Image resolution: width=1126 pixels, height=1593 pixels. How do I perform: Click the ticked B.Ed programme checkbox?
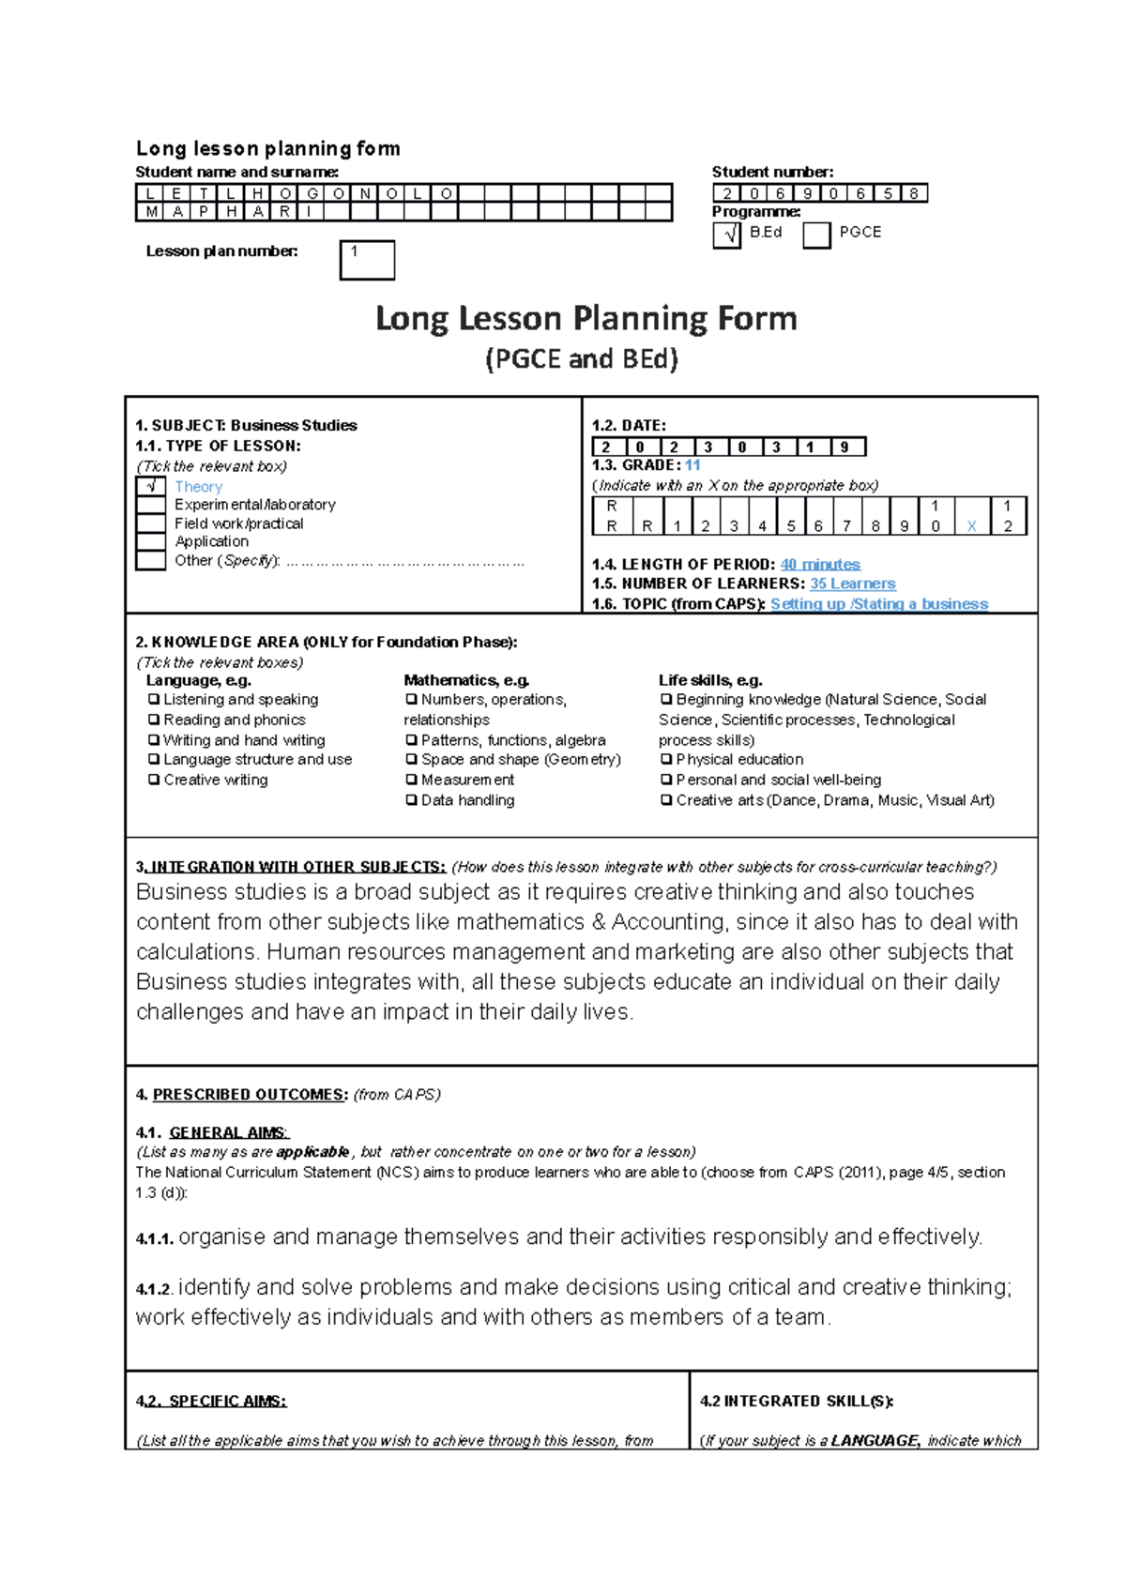point(727,235)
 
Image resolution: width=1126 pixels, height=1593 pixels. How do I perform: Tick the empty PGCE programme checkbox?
point(816,235)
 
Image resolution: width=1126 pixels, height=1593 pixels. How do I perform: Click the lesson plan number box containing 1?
point(367,260)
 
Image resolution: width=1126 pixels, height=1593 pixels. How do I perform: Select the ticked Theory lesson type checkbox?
point(151,486)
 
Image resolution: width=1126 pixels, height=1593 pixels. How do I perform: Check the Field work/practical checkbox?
point(151,523)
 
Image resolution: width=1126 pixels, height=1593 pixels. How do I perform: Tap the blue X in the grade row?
point(971,526)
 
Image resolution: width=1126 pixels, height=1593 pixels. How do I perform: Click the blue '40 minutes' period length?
point(820,564)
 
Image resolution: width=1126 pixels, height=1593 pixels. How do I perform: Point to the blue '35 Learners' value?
point(852,584)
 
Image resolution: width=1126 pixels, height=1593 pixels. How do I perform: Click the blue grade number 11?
point(692,465)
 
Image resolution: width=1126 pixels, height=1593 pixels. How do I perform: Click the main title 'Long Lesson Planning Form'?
point(586,319)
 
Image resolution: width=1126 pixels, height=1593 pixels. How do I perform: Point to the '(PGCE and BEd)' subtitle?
point(582,359)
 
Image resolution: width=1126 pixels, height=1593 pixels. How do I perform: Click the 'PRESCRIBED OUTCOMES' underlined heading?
point(250,1095)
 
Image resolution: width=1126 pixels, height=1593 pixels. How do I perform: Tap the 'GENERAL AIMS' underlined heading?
point(228,1132)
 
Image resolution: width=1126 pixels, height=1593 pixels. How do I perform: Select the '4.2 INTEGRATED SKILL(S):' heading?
point(797,1401)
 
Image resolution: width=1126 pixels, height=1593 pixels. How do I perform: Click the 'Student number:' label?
point(772,172)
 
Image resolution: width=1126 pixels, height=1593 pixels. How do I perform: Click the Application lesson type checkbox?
point(151,541)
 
